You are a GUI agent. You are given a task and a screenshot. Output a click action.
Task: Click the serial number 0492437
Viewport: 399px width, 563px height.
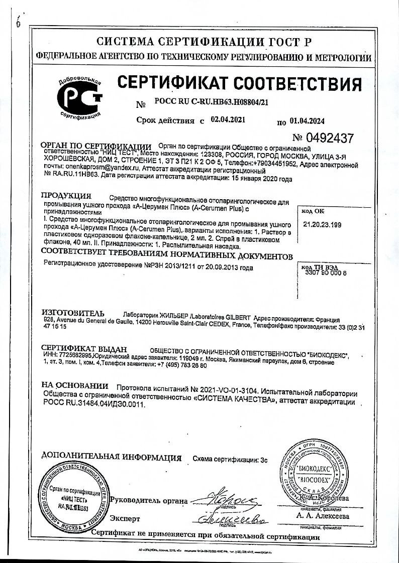click(x=324, y=138)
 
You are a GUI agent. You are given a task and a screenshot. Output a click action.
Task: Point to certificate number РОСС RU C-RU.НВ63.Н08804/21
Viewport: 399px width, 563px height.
click(x=209, y=102)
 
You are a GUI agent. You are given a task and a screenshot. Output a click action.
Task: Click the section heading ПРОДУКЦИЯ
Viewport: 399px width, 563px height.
click(x=66, y=195)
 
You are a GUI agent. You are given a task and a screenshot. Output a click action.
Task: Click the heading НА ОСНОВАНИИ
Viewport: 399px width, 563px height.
click(x=75, y=386)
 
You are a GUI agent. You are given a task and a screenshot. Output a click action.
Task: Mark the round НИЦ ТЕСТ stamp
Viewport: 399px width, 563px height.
click(x=74, y=500)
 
